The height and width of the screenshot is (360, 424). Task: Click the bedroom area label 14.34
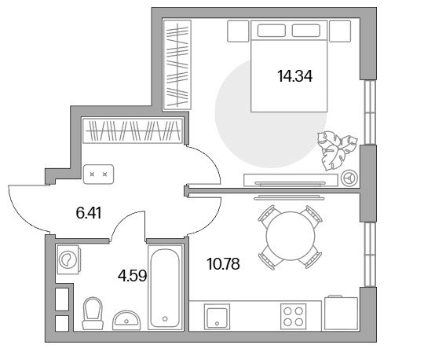294,76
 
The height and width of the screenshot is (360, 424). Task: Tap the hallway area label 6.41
89,213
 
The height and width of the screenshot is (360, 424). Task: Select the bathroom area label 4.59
132,276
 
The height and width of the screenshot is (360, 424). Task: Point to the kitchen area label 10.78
223,264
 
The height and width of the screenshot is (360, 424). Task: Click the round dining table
291,236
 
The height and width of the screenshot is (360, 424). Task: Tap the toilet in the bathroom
93,314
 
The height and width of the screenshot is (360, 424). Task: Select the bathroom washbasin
126,320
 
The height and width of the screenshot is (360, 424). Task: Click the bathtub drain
165,319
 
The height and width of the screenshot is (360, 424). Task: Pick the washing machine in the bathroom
68,259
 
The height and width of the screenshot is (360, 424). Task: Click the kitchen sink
217,317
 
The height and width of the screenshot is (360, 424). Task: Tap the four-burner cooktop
294,317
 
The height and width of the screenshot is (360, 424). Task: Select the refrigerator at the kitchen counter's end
342,313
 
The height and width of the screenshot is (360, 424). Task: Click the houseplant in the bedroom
337,149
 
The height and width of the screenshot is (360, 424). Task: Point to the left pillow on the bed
271,31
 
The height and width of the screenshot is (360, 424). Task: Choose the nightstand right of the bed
340,31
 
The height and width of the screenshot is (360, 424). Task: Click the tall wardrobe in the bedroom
177,65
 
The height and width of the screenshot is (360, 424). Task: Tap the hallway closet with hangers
133,130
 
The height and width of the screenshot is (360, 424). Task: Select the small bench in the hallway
98,174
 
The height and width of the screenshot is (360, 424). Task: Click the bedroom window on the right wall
370,112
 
